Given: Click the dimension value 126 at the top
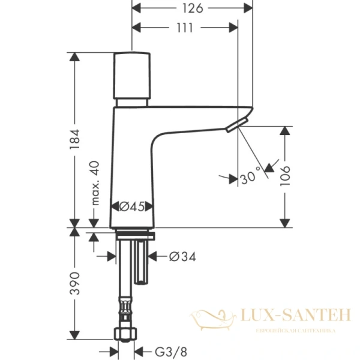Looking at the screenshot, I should (191, 8).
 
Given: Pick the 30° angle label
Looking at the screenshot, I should (251, 177).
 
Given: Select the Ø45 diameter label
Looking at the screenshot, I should (131, 206).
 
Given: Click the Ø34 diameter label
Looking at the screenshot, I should (182, 257).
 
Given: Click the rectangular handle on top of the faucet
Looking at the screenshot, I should (133, 76).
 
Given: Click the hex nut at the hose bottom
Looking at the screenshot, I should (125, 332).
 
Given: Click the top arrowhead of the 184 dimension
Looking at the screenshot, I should (74, 58).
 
